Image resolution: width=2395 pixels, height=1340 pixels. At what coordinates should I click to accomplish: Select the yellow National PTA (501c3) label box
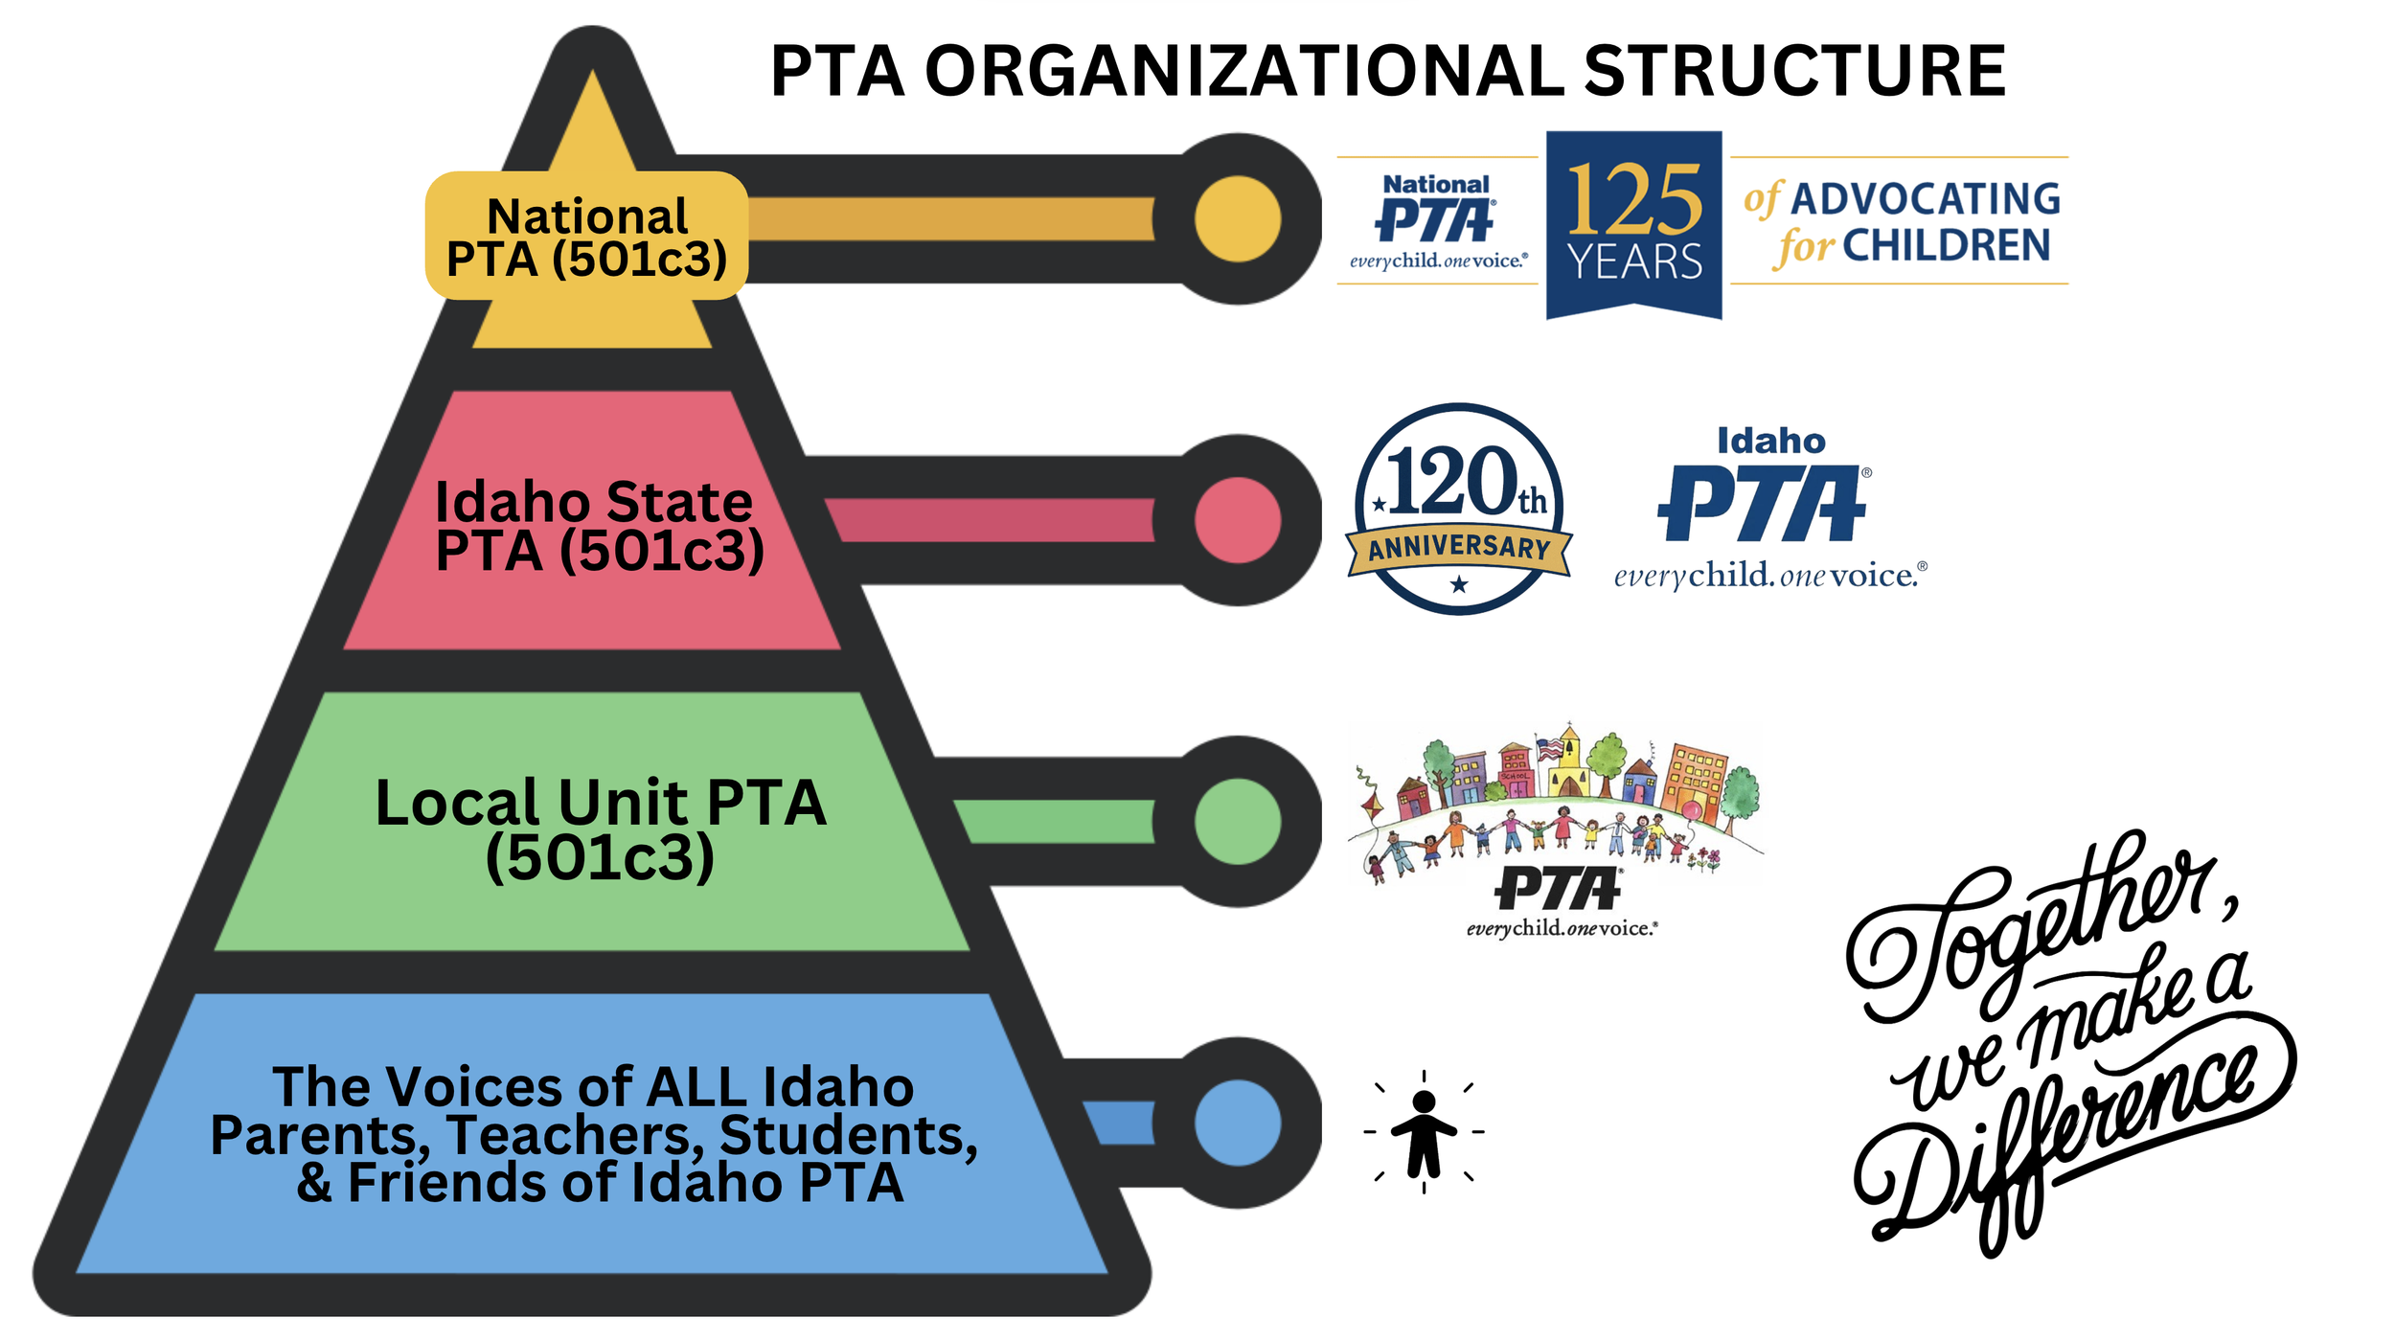(586, 236)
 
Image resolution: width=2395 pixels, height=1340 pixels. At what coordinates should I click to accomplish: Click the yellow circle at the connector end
(1238, 219)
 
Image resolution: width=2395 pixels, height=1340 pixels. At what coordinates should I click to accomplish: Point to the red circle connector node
(1238, 520)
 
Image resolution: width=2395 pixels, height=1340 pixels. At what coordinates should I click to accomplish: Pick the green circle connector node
(1238, 821)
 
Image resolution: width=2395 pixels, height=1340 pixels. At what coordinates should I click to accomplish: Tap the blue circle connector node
(1238, 1123)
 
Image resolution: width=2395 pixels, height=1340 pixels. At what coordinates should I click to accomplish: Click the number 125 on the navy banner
(1634, 199)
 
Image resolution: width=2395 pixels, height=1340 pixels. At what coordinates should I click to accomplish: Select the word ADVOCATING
(1926, 199)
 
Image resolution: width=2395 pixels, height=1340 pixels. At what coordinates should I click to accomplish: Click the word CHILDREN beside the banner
(1946, 246)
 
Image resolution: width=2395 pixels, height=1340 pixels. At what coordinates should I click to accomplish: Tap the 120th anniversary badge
(1459, 509)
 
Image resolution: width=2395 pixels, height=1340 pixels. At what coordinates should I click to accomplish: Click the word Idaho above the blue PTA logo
(1770, 441)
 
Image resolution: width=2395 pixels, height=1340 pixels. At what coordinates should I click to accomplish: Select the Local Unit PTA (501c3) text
(600, 829)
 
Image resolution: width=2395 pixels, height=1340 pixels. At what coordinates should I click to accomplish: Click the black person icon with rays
(1425, 1132)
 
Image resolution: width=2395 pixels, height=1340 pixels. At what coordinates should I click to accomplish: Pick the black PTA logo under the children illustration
(1559, 889)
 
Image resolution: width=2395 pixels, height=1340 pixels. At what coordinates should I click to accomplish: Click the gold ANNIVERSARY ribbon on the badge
(1459, 548)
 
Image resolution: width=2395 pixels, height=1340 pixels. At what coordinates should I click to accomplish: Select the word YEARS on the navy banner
(1634, 261)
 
